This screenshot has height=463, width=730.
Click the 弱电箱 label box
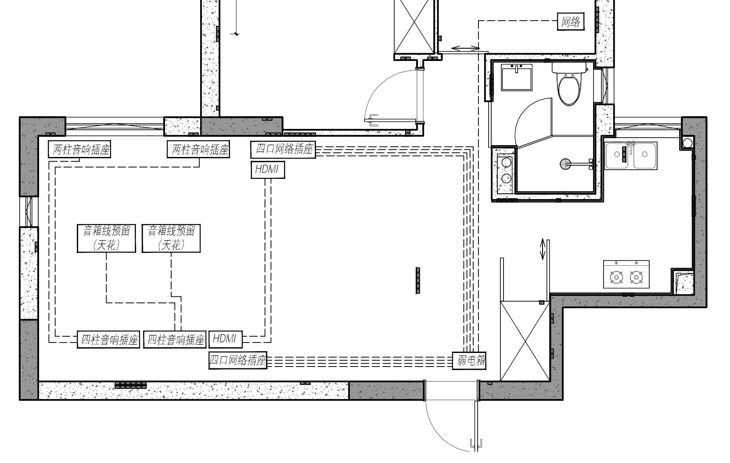click(x=469, y=360)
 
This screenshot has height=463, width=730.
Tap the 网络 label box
click(x=571, y=21)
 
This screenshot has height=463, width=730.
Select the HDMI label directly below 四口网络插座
click(x=268, y=170)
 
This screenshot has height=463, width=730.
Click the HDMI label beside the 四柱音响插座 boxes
click(x=225, y=339)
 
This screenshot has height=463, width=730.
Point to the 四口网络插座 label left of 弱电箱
click(x=238, y=360)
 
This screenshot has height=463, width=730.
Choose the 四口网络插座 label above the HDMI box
click(x=283, y=150)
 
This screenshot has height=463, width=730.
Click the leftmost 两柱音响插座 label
click(x=79, y=150)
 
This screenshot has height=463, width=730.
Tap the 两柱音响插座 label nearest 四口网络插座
click(x=198, y=150)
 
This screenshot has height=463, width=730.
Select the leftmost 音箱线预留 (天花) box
click(x=107, y=239)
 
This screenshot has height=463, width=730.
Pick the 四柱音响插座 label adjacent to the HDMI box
click(x=175, y=340)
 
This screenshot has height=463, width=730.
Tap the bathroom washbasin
click(x=517, y=77)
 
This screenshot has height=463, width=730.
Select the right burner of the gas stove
click(x=636, y=278)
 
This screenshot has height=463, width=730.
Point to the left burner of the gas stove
click(x=617, y=278)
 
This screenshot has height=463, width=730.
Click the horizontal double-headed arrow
click(x=466, y=49)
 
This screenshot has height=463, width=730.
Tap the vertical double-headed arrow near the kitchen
click(x=543, y=249)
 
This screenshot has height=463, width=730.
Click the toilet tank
click(x=569, y=68)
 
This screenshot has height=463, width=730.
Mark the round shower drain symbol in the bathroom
click(x=565, y=164)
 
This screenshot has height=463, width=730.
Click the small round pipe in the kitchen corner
click(x=687, y=143)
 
